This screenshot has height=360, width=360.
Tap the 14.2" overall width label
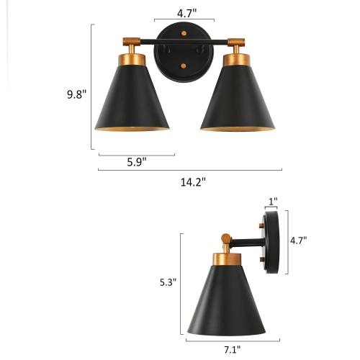tap(194, 182)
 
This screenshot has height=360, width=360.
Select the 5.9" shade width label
tap(136, 163)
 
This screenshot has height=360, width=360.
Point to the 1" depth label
tap(273, 202)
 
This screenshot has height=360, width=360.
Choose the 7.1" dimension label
tap(232, 351)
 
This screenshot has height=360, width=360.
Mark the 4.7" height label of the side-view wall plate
tap(300, 241)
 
